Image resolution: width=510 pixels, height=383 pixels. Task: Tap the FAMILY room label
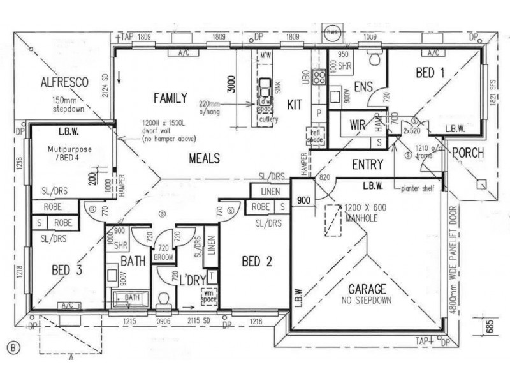click(x=170, y=98)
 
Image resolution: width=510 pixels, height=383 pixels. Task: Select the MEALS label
click(x=204, y=158)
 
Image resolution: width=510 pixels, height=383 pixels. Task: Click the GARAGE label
click(x=367, y=289)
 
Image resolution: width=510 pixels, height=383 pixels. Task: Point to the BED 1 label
click(x=430, y=73)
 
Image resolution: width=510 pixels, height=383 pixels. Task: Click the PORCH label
click(x=468, y=154)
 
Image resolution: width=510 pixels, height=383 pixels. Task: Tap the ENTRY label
click(x=368, y=165)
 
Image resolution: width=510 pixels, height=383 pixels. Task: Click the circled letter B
click(x=11, y=347)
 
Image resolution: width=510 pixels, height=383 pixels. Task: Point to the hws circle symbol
click(x=332, y=31)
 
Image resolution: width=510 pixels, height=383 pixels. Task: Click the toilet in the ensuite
click(x=377, y=59)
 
